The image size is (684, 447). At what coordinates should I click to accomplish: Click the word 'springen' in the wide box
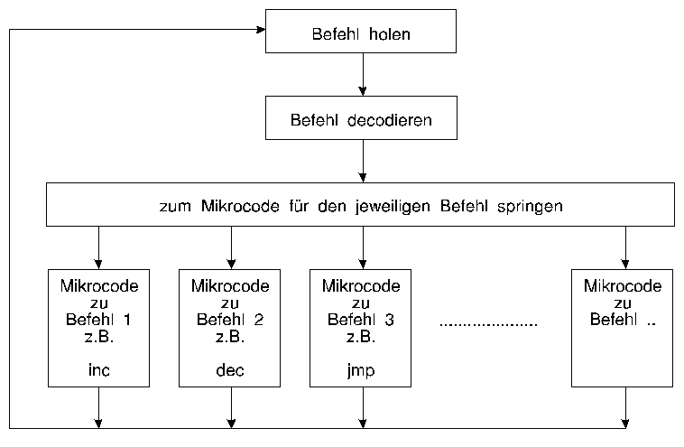529,206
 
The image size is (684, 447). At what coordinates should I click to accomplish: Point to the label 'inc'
98,370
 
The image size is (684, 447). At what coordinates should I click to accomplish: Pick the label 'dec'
231,370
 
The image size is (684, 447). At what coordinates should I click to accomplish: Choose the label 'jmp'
361,370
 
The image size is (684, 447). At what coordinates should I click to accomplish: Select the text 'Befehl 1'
98,320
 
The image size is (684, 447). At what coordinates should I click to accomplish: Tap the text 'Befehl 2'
231,320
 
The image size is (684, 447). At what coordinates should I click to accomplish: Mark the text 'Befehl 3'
361,320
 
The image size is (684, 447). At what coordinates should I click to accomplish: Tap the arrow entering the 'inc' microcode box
98,247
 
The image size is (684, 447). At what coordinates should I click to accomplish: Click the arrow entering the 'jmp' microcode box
363,247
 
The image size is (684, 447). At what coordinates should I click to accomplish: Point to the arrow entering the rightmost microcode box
624,247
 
